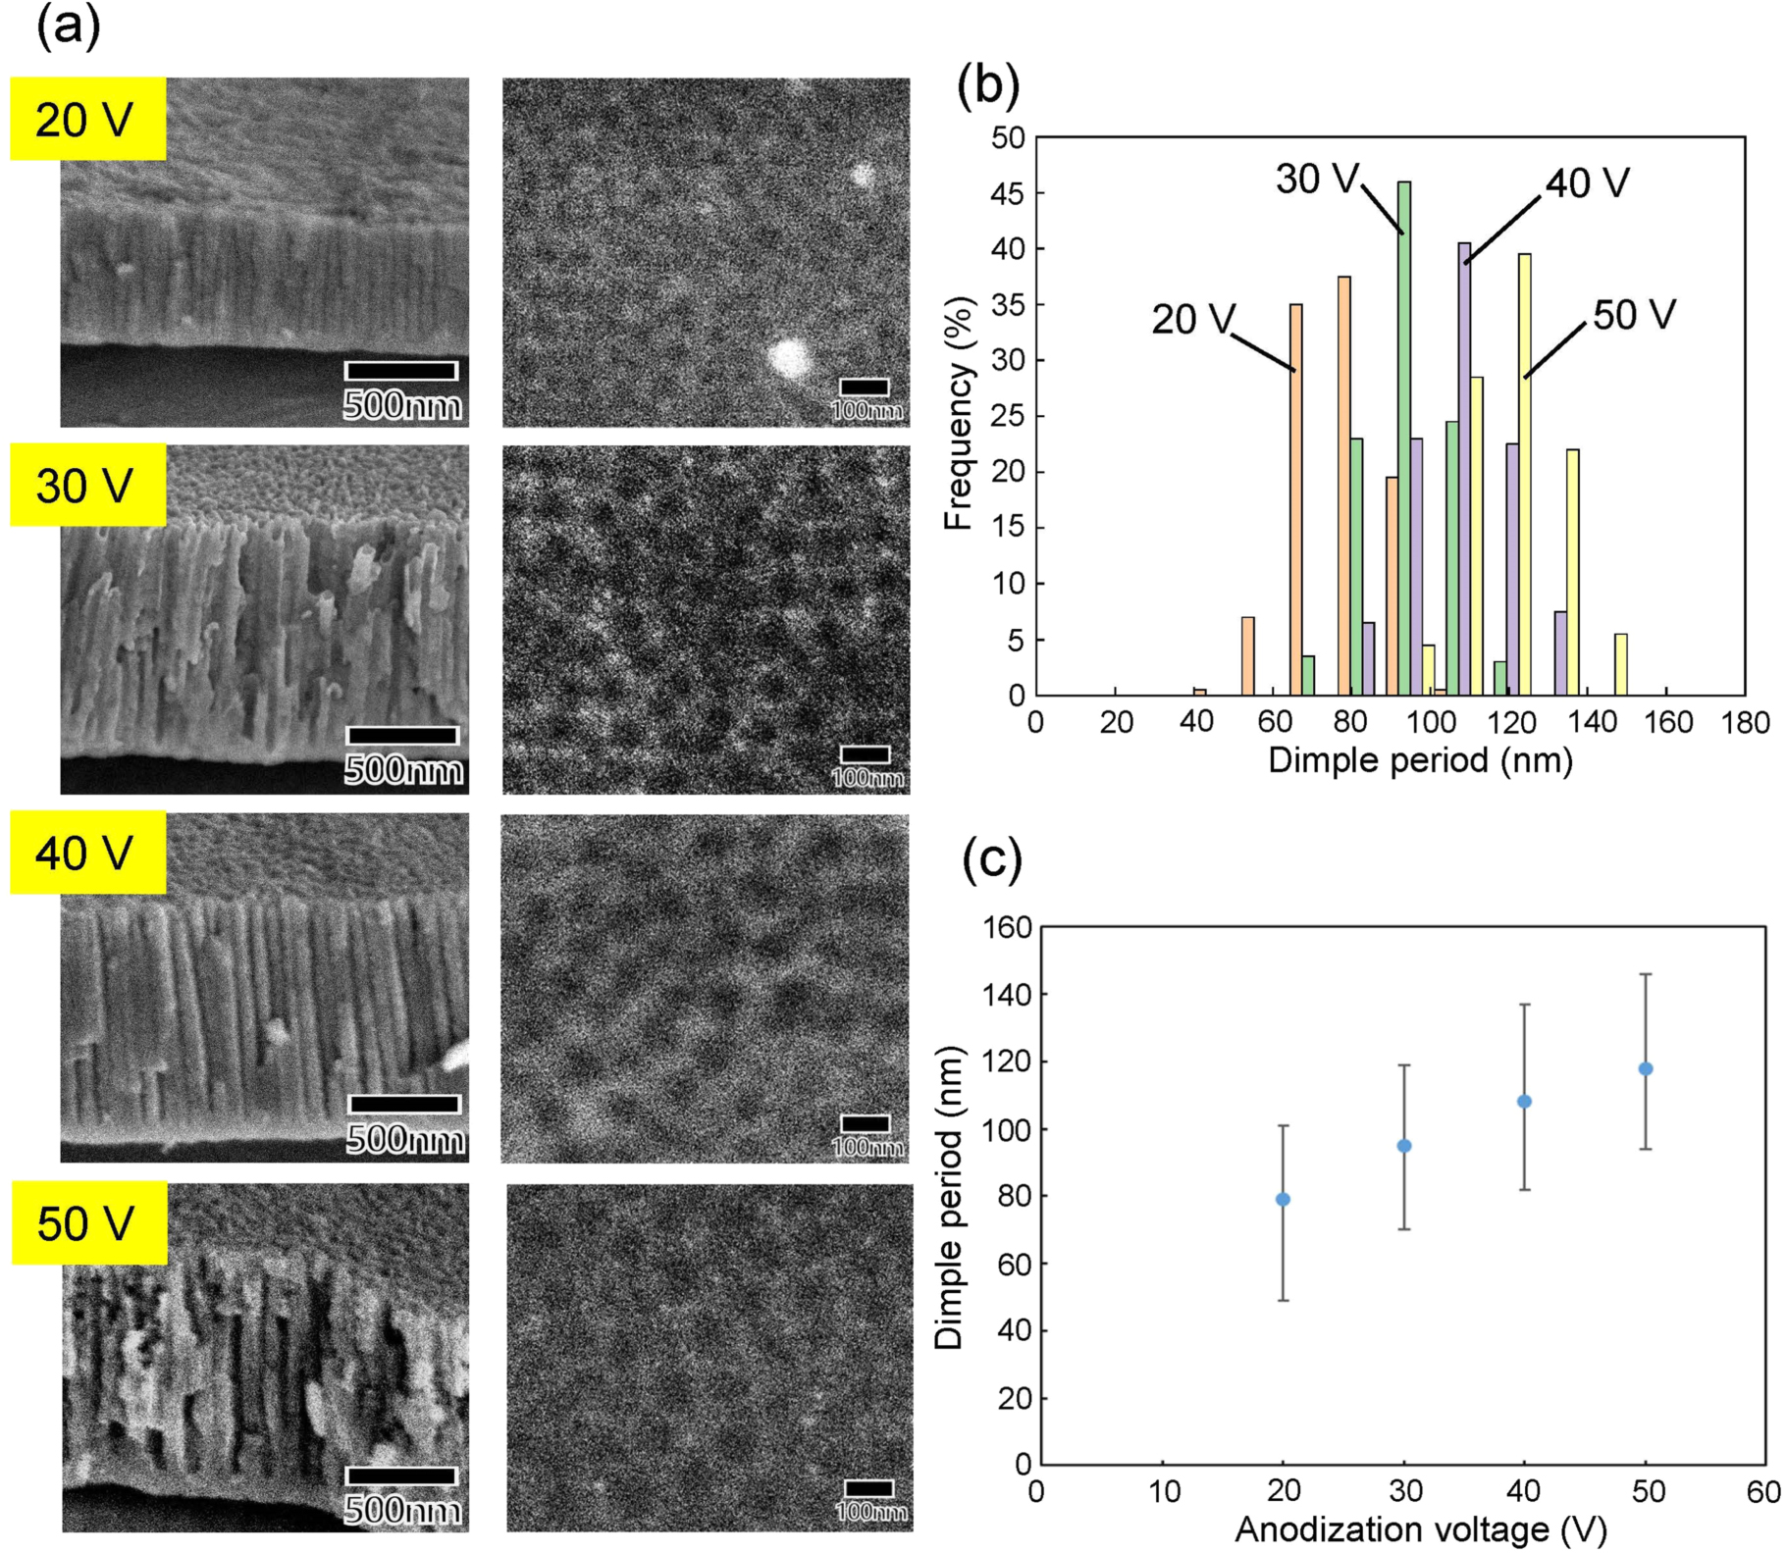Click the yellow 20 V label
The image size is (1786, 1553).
tap(87, 119)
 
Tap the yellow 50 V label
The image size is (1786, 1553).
tap(89, 1222)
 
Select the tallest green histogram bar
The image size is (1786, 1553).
tap(1404, 441)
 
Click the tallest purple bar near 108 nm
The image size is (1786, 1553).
tap(1464, 471)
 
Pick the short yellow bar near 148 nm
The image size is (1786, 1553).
tap(1620, 665)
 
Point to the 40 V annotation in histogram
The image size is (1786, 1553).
tap(1587, 183)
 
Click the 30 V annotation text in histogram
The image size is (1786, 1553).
tap(1316, 179)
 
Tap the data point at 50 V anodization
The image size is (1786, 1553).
tap(1646, 1068)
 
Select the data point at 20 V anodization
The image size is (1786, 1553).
tap(1283, 1199)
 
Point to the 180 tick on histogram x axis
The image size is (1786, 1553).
tap(1745, 723)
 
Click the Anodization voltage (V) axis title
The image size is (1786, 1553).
tap(1420, 1529)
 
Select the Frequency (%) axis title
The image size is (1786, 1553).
tap(958, 413)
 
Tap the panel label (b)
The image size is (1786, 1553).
tap(987, 85)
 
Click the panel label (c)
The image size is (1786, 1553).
tap(991, 859)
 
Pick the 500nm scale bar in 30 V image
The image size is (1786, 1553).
tap(402, 736)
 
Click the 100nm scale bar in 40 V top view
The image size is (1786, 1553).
tap(866, 1123)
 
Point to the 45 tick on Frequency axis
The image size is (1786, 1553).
tap(1007, 193)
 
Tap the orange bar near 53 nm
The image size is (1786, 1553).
tap(1248, 656)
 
